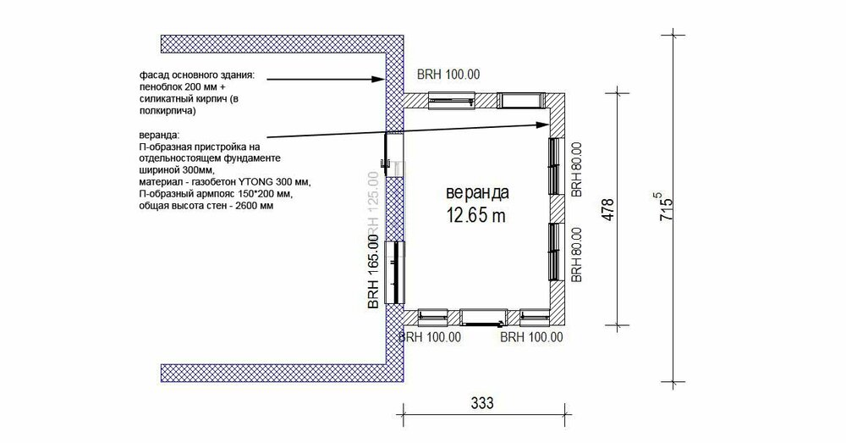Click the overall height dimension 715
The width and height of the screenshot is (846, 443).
[x=667, y=206]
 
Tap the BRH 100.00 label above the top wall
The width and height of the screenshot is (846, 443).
[x=448, y=75]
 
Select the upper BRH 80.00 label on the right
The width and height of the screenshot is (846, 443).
[x=576, y=168]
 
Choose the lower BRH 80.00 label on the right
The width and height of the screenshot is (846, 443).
[x=576, y=253]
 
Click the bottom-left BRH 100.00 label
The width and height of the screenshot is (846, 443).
[x=429, y=337]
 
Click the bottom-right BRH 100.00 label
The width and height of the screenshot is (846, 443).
[x=532, y=337]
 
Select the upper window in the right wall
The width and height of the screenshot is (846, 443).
[x=555, y=165]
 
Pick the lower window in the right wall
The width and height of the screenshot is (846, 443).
[x=555, y=252]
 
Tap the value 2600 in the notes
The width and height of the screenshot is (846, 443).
[x=244, y=206]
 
